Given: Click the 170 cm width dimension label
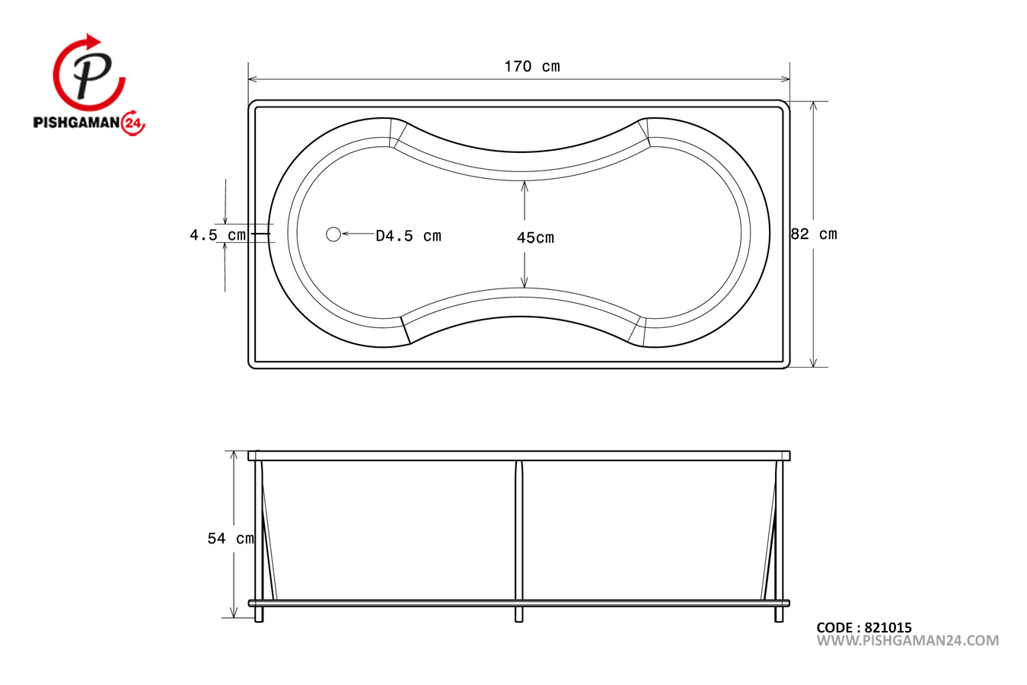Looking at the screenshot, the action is click(x=532, y=67).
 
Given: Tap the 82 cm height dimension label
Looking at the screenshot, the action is click(x=815, y=234).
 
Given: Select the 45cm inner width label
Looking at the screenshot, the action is click(x=535, y=237).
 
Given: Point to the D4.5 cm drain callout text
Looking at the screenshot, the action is click(x=409, y=236).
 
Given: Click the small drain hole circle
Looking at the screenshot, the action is click(x=333, y=234).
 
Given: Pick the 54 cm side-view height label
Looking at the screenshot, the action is click(x=231, y=538).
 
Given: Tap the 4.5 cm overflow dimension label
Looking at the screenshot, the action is click(x=218, y=235).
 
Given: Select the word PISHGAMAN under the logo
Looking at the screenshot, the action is click(x=77, y=123).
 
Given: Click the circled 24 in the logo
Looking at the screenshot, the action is click(x=133, y=123).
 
